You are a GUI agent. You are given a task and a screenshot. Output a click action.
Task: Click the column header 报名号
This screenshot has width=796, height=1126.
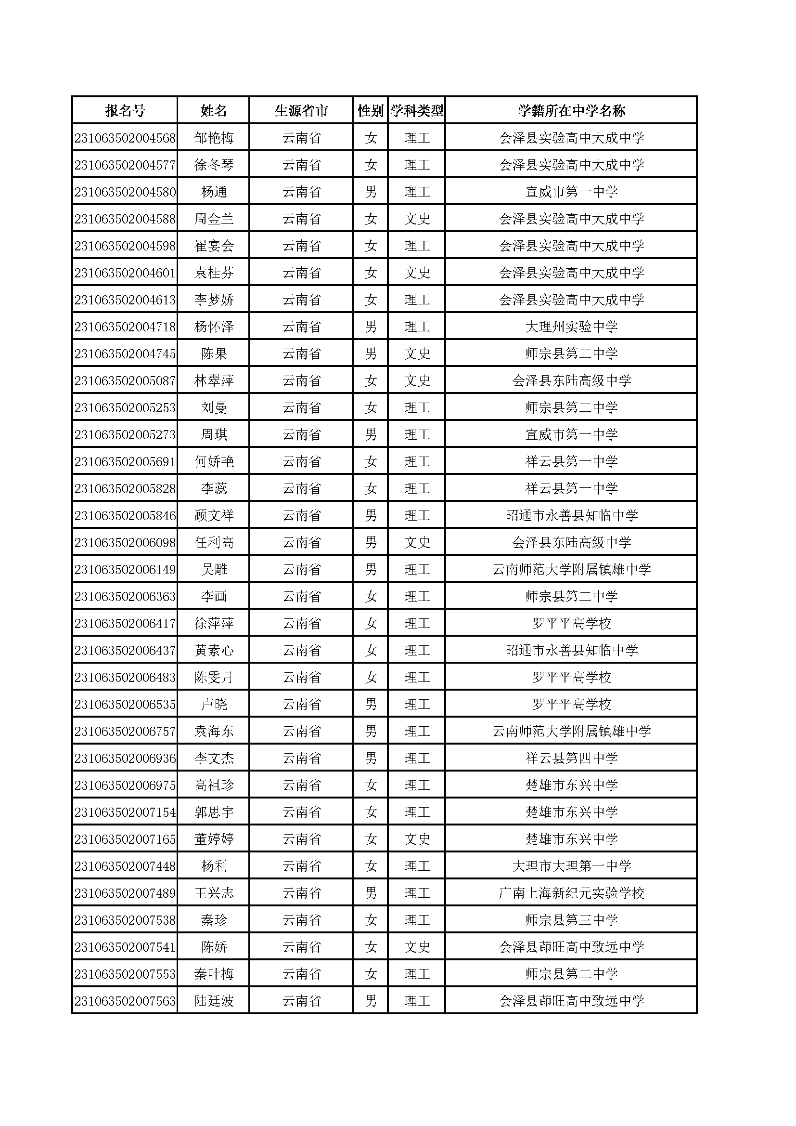click(x=125, y=111)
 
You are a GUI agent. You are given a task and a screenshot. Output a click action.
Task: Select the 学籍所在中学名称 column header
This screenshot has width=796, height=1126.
click(x=571, y=111)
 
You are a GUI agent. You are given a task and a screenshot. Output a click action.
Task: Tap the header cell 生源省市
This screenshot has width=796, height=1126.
click(x=301, y=111)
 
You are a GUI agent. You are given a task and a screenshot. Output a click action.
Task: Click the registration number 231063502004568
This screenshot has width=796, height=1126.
click(x=125, y=138)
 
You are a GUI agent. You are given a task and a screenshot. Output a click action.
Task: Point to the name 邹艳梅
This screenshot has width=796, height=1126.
click(x=214, y=138)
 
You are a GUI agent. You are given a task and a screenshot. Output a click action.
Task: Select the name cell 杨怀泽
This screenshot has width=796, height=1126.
click(x=214, y=327)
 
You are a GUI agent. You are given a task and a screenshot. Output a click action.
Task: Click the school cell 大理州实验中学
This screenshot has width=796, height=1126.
click(x=571, y=327)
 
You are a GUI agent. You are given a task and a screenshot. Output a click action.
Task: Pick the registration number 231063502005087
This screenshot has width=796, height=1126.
click(x=125, y=381)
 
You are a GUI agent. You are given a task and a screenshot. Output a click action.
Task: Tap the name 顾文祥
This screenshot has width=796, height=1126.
click(x=214, y=516)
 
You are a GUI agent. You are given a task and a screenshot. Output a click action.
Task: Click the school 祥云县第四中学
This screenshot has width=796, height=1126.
click(x=571, y=759)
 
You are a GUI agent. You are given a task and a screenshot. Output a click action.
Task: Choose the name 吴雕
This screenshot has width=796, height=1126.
click(x=214, y=570)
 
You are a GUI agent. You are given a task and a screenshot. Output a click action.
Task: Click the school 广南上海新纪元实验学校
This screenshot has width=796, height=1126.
click(x=571, y=893)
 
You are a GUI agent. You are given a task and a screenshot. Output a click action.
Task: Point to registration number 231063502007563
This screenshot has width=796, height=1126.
click(x=125, y=1001)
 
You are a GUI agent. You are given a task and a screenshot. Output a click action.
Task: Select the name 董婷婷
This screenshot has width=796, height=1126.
click(x=214, y=839)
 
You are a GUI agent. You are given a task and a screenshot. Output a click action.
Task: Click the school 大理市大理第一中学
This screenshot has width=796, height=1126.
click(x=571, y=866)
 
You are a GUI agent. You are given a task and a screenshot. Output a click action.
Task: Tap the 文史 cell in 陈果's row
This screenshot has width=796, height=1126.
click(x=417, y=354)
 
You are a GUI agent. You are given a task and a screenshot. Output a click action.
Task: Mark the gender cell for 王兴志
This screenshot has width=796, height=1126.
click(x=371, y=893)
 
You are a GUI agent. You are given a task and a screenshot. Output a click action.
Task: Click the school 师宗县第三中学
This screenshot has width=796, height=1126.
click(x=571, y=920)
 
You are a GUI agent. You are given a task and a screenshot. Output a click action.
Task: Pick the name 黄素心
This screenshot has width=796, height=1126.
click(x=214, y=651)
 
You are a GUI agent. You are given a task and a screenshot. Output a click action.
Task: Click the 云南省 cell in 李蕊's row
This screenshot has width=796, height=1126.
click(x=301, y=489)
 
